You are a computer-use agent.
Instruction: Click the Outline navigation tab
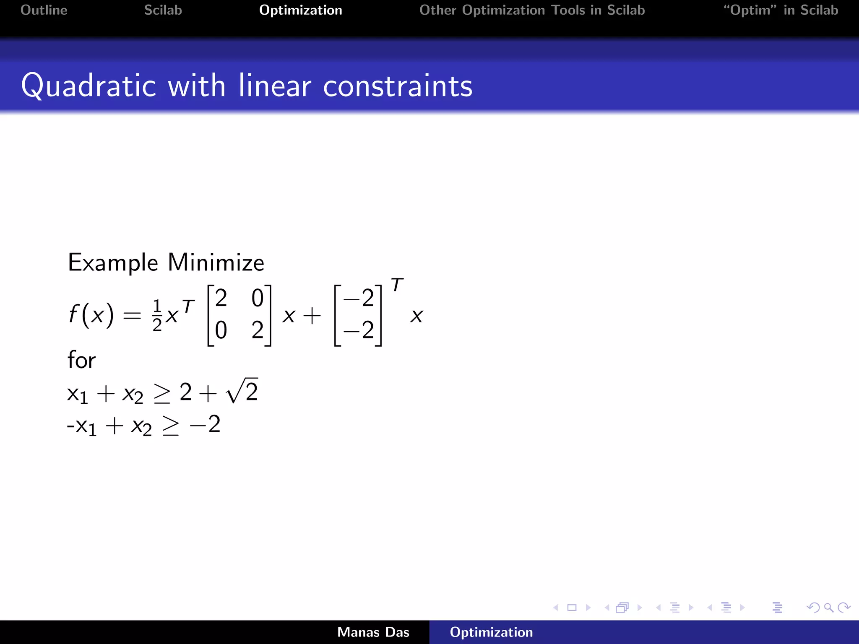coord(44,10)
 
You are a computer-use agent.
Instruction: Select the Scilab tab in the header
coord(163,10)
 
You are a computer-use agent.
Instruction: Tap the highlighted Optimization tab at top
coord(300,10)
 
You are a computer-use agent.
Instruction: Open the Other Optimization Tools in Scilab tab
coord(532,10)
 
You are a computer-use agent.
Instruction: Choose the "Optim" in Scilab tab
coord(781,10)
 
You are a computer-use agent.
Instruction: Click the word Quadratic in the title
coord(89,86)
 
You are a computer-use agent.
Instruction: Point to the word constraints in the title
coord(398,86)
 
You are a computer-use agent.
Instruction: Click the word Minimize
coord(216,263)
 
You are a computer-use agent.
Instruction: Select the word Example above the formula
coord(113,263)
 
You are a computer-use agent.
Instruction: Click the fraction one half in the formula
coord(157,315)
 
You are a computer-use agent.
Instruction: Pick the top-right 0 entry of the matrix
coord(257,299)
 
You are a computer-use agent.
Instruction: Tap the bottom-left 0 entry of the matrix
coord(221,330)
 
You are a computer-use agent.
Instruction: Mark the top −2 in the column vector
coord(359,299)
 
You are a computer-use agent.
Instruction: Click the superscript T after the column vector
coord(397,286)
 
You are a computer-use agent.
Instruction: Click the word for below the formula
coord(81,360)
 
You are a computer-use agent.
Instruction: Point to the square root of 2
coord(242,391)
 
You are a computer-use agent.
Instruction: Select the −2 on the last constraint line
coord(205,424)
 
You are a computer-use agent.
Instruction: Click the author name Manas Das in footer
coord(373,632)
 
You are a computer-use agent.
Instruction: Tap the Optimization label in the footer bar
coord(491,632)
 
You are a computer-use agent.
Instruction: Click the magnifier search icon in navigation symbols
coord(828,608)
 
